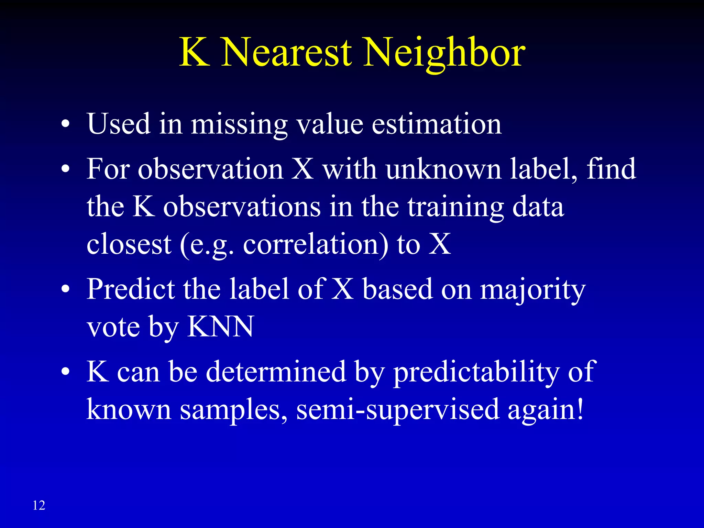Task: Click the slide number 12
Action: pos(39,505)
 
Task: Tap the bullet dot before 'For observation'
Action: pos(65,169)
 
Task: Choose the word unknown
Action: pos(443,169)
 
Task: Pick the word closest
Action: pos(129,245)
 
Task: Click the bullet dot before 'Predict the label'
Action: pos(65,289)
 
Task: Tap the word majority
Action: pos(532,289)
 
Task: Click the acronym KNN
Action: pos(220,327)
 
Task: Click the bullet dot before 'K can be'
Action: pos(65,372)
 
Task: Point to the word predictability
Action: pos(476,372)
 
